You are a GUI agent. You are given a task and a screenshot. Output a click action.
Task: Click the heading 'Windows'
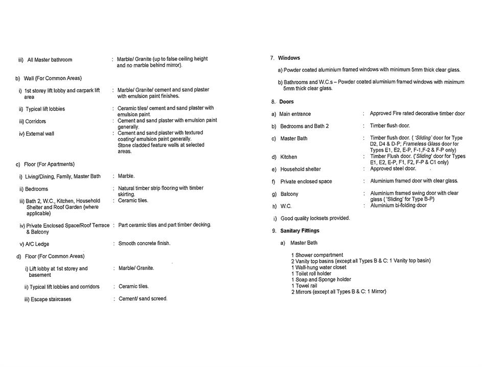pos(289,58)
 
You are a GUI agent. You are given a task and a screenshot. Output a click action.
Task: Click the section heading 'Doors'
pos(286,102)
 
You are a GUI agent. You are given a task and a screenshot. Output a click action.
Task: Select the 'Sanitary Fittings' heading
pos(299,231)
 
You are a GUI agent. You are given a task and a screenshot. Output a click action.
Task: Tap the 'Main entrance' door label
pos(295,114)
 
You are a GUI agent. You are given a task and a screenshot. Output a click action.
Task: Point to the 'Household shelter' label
pos(301,169)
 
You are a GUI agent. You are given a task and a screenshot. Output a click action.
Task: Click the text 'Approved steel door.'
pos(393,168)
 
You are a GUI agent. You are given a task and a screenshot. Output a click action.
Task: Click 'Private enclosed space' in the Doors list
pos(306,182)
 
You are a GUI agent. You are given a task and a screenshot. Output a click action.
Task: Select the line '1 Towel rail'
pos(304,286)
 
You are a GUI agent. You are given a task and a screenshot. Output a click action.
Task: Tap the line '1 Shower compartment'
pos(317,255)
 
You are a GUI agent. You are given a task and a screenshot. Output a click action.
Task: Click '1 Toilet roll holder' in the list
pos(311,273)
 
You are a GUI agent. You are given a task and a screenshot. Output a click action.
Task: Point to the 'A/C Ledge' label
pos(37,244)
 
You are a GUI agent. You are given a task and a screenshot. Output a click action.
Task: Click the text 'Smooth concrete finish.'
pos(144,243)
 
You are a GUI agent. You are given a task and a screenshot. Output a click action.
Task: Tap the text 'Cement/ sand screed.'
pos(143,298)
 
